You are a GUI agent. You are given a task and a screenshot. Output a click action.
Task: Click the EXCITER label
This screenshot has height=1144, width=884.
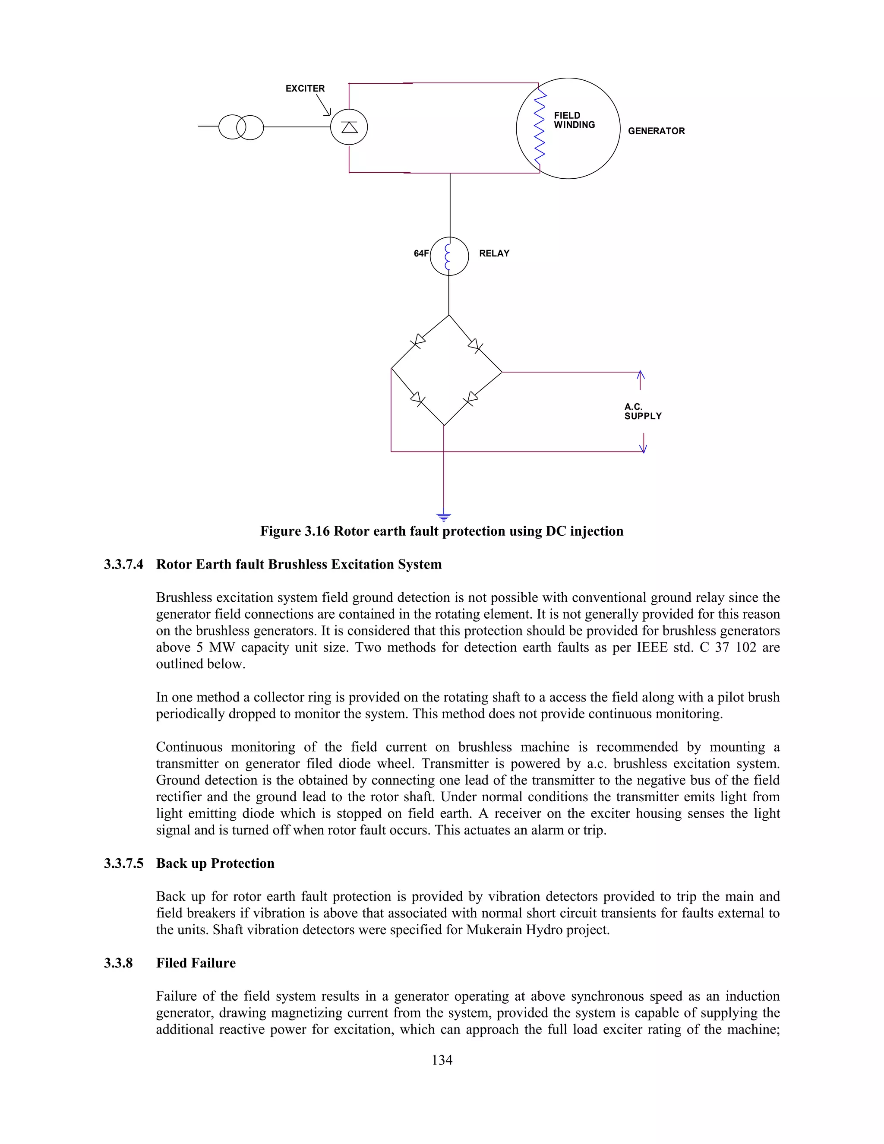click(305, 88)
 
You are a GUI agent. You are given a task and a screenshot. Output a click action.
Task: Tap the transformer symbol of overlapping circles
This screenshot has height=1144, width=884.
click(241, 127)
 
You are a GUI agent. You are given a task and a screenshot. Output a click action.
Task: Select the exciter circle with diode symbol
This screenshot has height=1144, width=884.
click(349, 127)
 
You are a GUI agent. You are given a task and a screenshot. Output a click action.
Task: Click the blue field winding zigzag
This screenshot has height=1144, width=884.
click(540, 127)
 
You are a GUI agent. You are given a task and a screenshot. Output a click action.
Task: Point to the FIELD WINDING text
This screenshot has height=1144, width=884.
click(574, 120)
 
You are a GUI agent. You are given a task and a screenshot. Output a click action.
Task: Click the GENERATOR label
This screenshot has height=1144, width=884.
click(656, 131)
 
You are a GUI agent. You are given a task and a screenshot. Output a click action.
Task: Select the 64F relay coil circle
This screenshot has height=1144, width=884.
click(449, 256)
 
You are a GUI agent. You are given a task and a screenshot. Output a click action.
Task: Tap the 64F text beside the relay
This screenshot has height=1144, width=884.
click(420, 253)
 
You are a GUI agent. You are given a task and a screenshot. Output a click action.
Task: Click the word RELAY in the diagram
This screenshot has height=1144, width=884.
click(494, 253)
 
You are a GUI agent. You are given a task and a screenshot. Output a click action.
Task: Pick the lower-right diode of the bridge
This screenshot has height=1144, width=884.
click(470, 400)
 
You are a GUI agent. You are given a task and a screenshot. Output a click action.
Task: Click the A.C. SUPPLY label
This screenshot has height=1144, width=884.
click(643, 412)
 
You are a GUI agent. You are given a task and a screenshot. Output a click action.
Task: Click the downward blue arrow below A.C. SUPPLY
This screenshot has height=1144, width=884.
click(643, 444)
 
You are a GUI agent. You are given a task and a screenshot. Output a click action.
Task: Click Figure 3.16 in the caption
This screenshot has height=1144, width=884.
click(295, 531)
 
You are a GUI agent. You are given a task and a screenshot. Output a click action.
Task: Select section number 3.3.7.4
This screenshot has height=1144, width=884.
click(123, 564)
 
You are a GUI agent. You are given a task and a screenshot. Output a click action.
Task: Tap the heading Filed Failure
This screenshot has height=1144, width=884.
click(196, 963)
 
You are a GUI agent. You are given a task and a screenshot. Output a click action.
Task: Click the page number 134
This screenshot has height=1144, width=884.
click(442, 1060)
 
